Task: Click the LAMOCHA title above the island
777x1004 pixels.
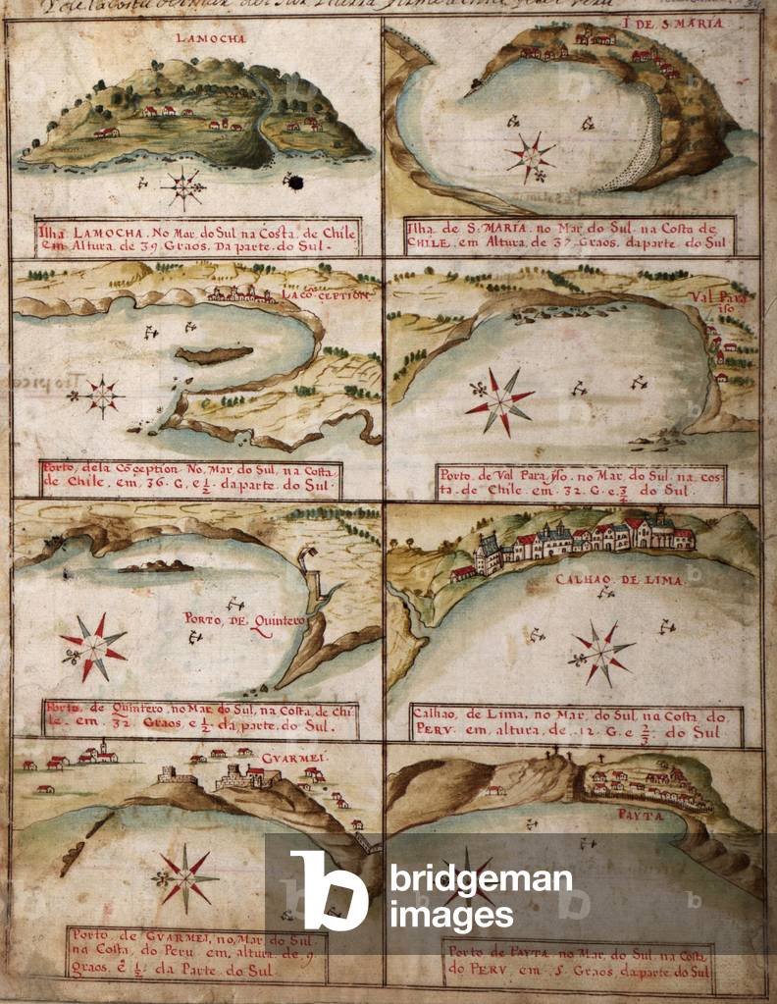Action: tap(196, 38)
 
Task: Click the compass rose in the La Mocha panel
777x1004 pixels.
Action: tap(183, 187)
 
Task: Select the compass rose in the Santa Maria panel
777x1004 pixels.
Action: tap(531, 155)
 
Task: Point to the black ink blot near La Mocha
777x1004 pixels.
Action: tap(293, 182)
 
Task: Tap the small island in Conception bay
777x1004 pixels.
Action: tap(213, 354)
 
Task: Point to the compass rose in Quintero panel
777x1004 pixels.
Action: tap(94, 646)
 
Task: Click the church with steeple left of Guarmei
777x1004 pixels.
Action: tap(100, 753)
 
